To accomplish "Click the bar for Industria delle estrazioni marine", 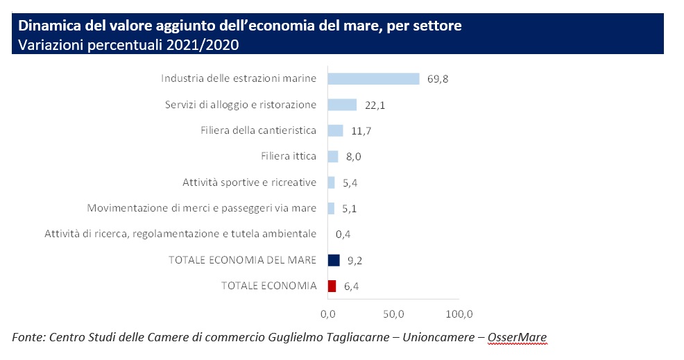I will [x=373, y=78].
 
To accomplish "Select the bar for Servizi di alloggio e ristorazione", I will [x=342, y=105].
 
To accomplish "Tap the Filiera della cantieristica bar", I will [x=335, y=130].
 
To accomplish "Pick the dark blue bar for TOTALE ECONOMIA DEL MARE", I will [x=334, y=260].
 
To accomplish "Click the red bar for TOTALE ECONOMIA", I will [x=332, y=286].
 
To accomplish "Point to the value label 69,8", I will [x=438, y=79].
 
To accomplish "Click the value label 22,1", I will [x=375, y=105].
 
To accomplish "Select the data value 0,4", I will [x=343, y=234].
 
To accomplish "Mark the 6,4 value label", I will [x=350, y=286].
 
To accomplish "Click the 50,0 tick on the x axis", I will [x=393, y=314].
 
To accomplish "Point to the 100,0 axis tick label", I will [x=459, y=314].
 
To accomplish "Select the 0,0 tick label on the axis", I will [x=328, y=314].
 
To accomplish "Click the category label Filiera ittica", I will [x=289, y=156].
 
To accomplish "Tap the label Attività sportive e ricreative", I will [x=250, y=182].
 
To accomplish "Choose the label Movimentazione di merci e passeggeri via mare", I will [x=202, y=208].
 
